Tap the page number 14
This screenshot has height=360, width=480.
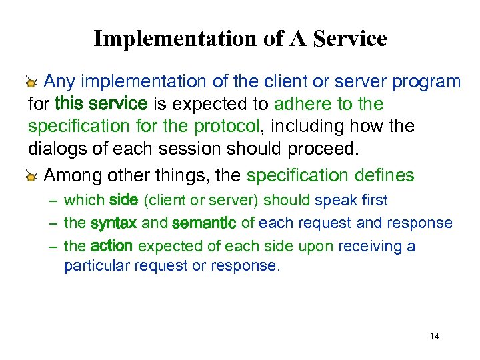435,337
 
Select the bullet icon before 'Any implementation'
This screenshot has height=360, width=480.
32,83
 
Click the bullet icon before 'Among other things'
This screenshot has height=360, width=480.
32,177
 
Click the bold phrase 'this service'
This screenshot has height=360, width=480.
101,104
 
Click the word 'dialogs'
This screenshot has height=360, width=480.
53,148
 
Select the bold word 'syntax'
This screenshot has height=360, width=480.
113,223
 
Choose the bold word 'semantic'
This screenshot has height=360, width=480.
204,223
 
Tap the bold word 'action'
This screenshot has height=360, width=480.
111,246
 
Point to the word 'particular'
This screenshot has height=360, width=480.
97,265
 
